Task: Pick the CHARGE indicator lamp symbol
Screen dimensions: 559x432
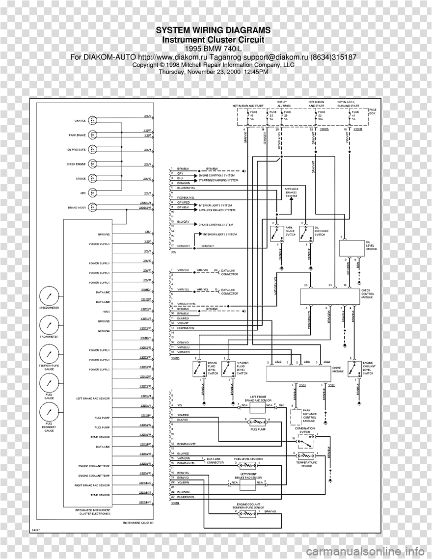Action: coord(93,121)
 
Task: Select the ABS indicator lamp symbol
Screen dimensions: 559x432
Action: coord(93,193)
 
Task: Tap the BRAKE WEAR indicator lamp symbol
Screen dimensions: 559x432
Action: coord(93,208)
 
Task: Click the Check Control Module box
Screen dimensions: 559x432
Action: coord(329,296)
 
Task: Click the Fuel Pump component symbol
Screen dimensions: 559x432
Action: coord(257,422)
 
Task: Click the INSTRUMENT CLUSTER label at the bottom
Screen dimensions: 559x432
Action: coord(138,523)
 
